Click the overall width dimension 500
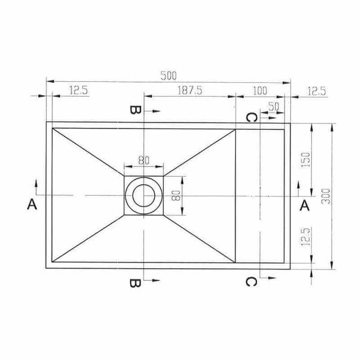click(168, 76)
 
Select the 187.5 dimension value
click(190, 90)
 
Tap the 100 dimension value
click(260, 91)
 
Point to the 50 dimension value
click(274, 107)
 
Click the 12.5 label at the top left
click(78, 90)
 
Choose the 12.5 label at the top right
click(316, 91)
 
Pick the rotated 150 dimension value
click(306, 160)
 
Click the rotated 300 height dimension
click(326, 197)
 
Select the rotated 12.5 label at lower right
click(306, 237)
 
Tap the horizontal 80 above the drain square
click(144, 161)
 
